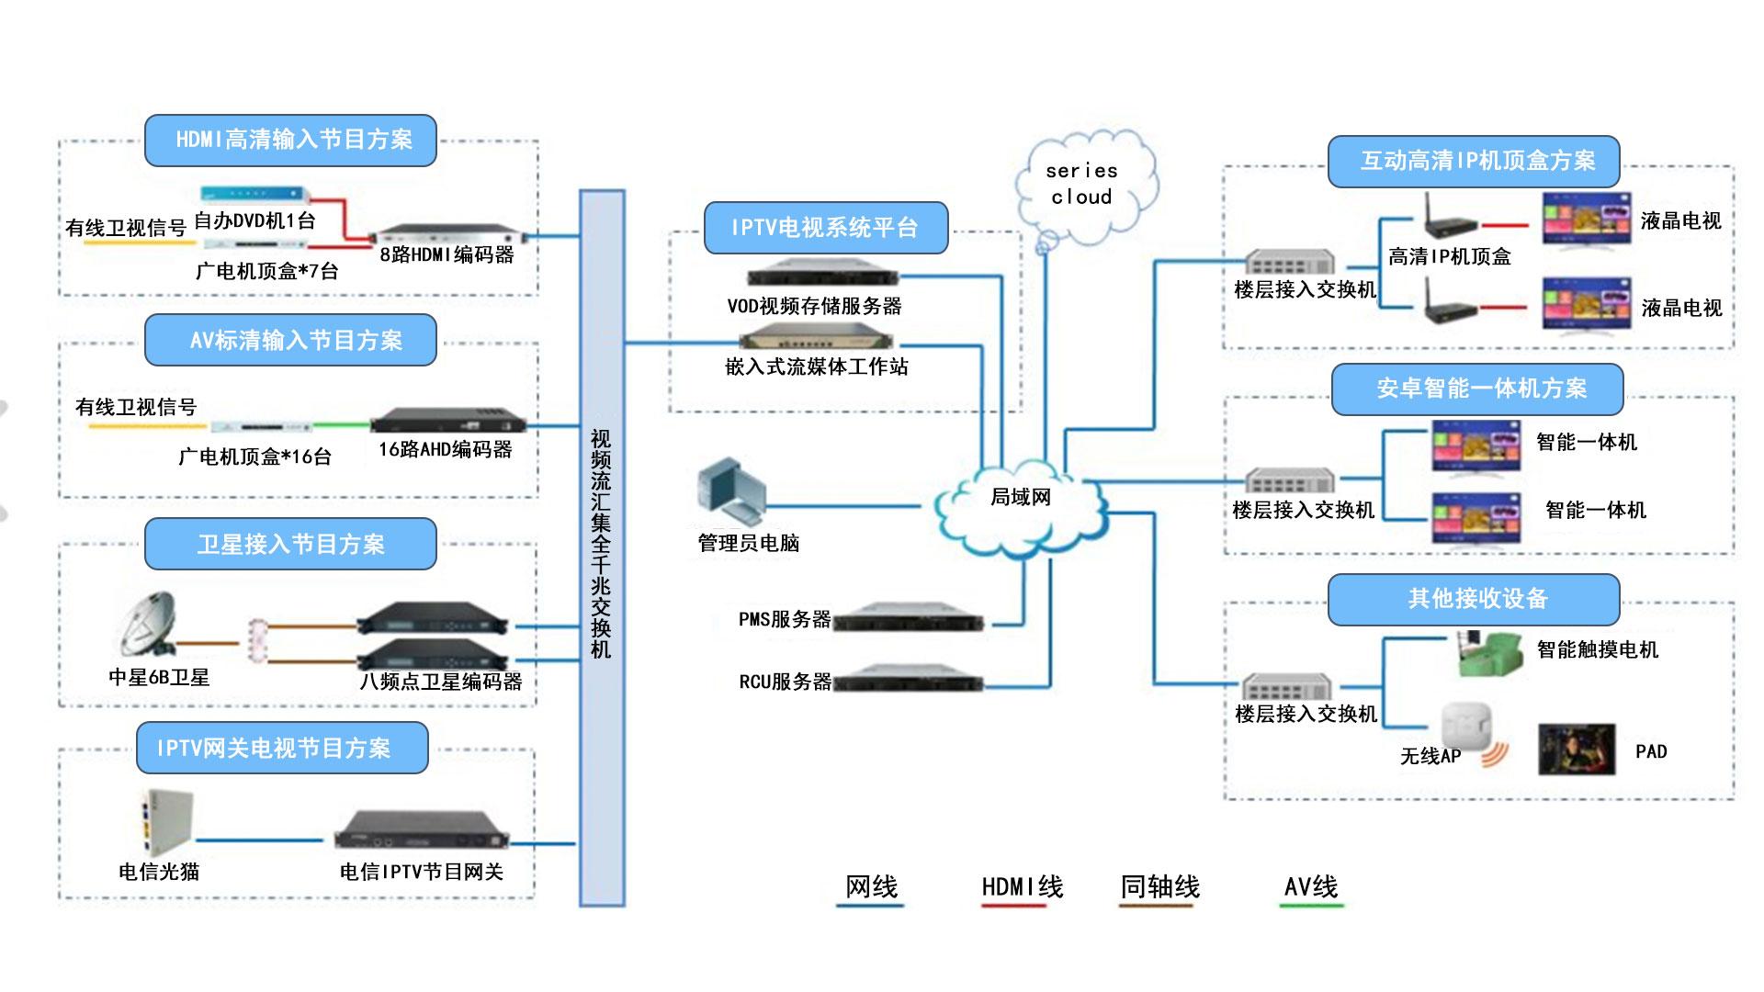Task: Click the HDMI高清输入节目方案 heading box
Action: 290,140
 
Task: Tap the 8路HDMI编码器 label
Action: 447,255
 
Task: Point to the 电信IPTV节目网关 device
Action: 421,831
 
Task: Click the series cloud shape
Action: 1083,185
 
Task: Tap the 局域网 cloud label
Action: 1020,498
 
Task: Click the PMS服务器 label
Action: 785,620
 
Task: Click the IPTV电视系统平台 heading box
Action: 825,228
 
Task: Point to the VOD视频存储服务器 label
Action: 814,307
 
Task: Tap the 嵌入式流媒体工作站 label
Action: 816,367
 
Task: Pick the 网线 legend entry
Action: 871,887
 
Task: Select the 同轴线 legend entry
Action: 1159,887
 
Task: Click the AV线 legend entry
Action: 1311,887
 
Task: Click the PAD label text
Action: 1651,752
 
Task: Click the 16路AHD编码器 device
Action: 448,423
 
